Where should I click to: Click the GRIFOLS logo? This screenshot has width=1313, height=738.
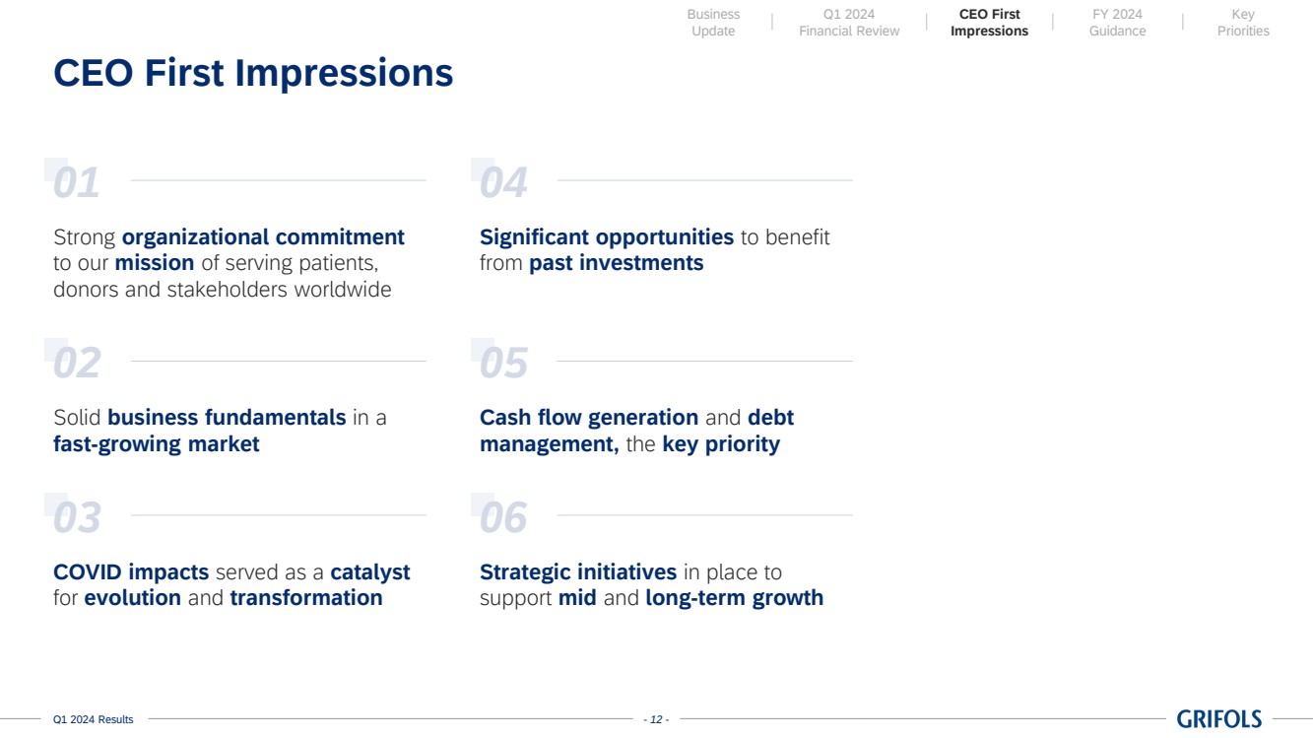tap(1218, 718)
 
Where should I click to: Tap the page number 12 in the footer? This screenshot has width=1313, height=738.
tap(656, 719)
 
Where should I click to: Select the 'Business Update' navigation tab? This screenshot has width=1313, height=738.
tap(713, 23)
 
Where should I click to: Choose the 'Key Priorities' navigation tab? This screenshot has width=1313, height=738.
tap(1243, 23)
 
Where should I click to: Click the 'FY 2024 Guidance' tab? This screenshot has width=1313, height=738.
tap(1117, 23)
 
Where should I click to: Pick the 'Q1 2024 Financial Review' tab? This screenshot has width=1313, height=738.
tap(849, 23)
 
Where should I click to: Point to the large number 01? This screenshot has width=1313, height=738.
tap(76, 182)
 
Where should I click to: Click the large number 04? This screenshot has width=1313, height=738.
tap(503, 182)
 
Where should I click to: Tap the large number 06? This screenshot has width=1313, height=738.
tap(503, 517)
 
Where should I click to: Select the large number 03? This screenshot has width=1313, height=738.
tap(77, 517)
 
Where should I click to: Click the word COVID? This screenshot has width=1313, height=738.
tap(88, 572)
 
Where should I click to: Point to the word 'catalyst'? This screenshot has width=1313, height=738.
tap(370, 572)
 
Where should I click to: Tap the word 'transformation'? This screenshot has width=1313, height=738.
tap(306, 598)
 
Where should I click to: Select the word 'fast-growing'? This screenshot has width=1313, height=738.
tap(116, 444)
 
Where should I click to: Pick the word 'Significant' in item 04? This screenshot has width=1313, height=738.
tap(534, 237)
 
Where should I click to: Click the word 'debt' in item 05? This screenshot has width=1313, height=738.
tap(771, 418)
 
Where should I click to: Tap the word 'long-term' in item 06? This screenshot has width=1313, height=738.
tap(695, 598)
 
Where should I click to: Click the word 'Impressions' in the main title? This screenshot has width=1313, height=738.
tap(344, 73)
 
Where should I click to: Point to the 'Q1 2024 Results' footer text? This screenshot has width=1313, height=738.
tap(94, 719)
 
